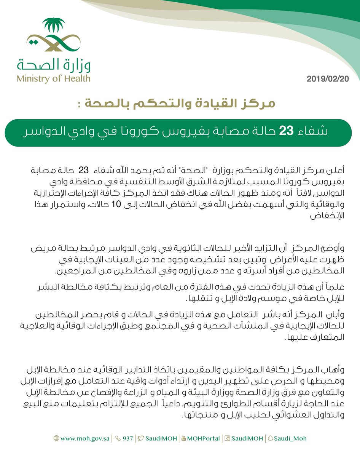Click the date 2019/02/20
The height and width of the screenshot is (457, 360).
point(328,79)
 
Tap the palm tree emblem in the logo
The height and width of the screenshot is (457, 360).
point(53,26)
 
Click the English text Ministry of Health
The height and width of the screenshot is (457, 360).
point(53,79)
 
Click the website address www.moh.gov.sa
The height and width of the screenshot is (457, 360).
point(85,438)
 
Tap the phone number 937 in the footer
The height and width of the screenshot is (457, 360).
point(127,438)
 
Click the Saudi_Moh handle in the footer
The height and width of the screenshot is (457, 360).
point(291,438)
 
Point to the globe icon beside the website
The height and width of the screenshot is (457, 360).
point(56,438)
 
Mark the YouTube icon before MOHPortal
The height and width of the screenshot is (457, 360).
point(184,438)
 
